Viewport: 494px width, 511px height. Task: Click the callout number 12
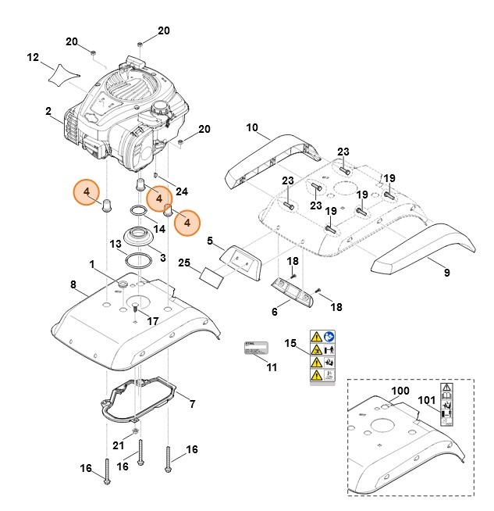[33, 57]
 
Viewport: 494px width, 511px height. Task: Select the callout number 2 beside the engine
[48, 111]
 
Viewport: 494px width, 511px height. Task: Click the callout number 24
[182, 191]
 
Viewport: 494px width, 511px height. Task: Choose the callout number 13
[116, 244]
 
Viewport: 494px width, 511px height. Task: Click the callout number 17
[153, 320]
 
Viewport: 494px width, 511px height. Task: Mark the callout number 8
[73, 284]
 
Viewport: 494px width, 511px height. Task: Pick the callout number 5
[210, 242]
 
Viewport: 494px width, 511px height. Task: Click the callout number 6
[274, 312]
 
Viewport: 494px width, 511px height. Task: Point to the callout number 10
[252, 127]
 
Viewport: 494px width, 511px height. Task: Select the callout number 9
[446, 273]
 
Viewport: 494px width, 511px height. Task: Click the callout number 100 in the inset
[399, 391]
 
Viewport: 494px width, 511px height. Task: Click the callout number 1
[91, 265]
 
